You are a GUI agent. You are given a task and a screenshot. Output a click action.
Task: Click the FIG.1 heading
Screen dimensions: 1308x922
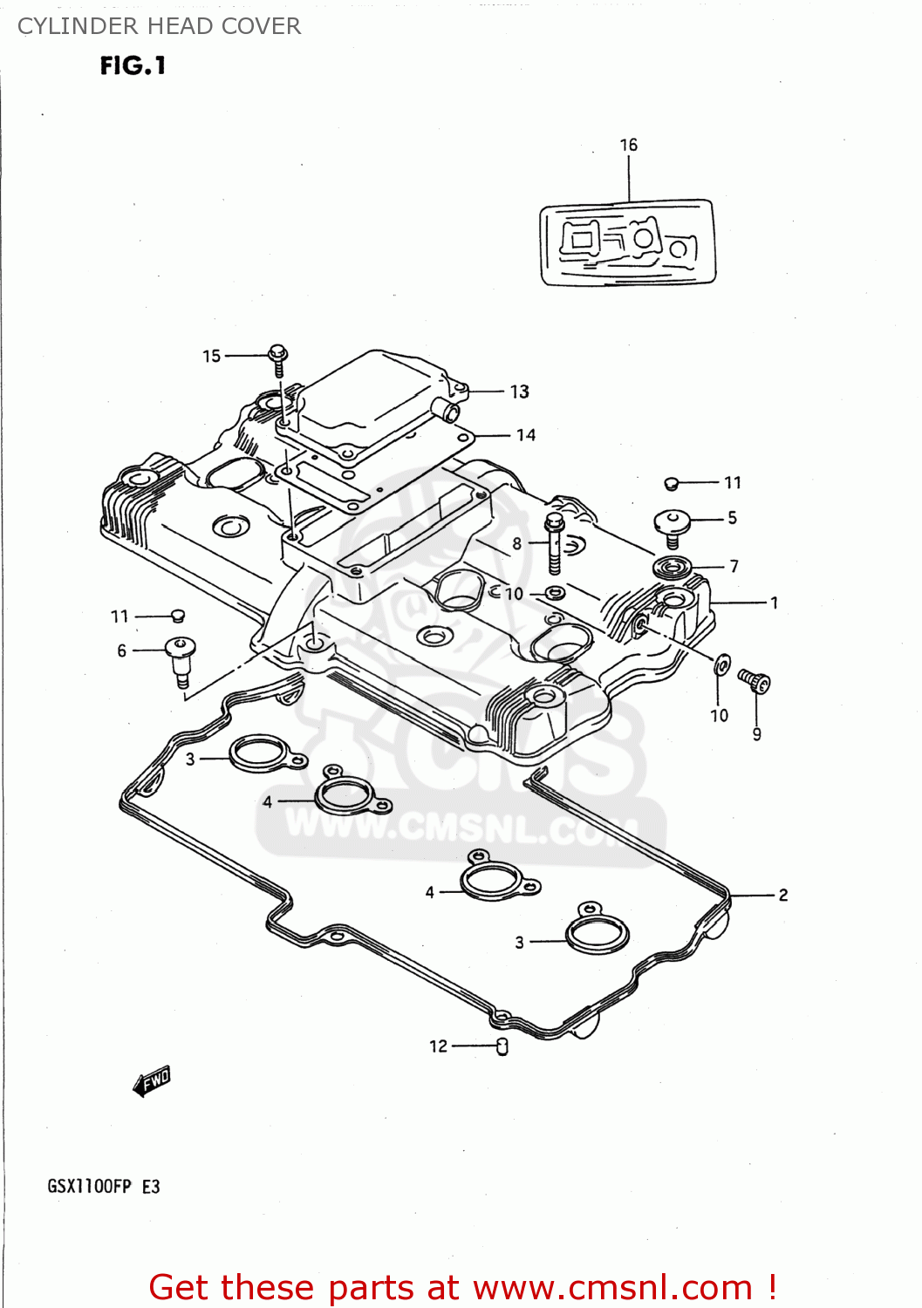[x=133, y=66]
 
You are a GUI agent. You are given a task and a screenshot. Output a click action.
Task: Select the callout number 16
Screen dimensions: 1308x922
[x=629, y=146]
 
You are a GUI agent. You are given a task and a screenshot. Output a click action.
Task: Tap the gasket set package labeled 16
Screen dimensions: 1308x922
[x=628, y=242]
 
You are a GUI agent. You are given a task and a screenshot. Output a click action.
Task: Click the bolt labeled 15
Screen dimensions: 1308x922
[x=278, y=358]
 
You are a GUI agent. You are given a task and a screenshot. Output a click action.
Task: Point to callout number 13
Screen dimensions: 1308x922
[x=520, y=392]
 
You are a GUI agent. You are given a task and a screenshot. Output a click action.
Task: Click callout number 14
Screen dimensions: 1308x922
[x=526, y=435]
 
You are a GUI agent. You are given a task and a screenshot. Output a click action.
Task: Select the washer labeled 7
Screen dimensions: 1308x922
[x=672, y=568]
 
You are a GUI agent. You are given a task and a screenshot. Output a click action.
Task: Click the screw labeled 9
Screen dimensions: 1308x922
[x=755, y=680]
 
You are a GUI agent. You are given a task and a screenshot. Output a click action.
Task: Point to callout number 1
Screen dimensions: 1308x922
[x=774, y=603]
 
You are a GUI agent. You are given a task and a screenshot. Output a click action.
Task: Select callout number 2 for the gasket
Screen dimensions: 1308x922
[x=783, y=895]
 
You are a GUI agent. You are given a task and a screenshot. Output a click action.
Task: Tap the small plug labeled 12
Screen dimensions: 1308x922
[x=502, y=1046]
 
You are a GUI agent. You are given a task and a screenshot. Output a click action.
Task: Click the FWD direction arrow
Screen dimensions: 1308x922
[x=151, y=1082]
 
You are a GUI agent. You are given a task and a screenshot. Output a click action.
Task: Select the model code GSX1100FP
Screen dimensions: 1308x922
[x=89, y=1187]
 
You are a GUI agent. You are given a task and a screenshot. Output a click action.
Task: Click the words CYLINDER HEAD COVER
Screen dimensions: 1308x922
[x=160, y=26]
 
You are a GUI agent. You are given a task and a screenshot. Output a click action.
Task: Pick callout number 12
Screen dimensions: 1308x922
[x=438, y=1046]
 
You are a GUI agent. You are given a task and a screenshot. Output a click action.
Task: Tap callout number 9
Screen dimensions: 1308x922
[x=757, y=734]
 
